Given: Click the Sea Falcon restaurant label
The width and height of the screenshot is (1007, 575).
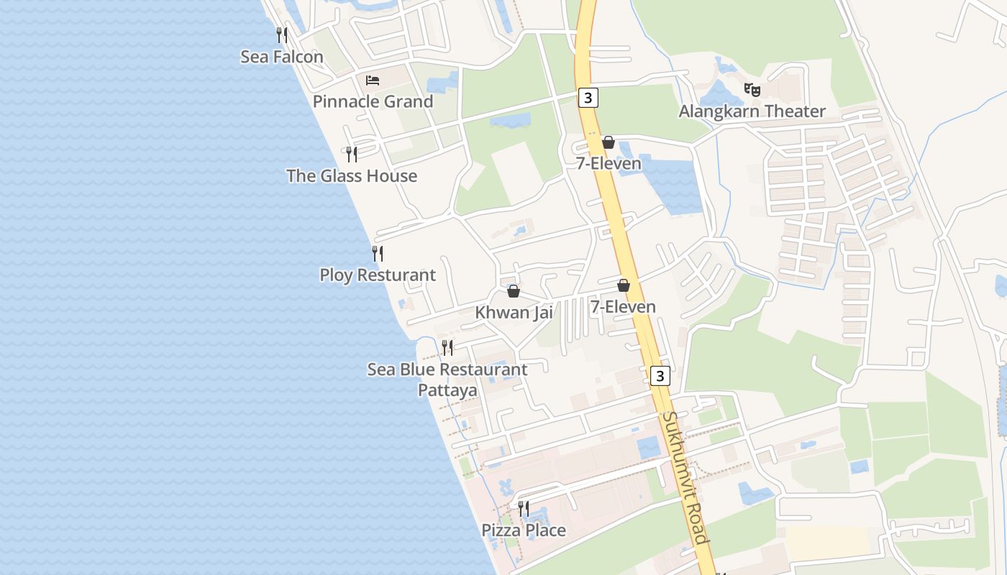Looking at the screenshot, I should pyautogui.click(x=282, y=57).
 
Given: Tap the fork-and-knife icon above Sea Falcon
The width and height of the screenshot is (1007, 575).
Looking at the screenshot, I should pyautogui.click(x=282, y=34).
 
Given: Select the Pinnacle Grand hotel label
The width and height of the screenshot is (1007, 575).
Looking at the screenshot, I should pyautogui.click(x=373, y=101).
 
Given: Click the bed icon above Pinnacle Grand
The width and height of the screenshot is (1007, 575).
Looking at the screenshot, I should pyautogui.click(x=373, y=80).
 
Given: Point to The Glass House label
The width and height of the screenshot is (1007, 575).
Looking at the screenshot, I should pyautogui.click(x=352, y=176).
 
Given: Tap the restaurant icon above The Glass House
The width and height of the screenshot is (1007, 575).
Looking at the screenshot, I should pyautogui.click(x=352, y=154).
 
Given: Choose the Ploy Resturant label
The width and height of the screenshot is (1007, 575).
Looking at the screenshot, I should pyautogui.click(x=378, y=275).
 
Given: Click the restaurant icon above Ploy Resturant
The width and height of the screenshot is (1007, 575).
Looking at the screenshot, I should pyautogui.click(x=378, y=253).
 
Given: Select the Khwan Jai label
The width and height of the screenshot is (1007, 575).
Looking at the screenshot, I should pyautogui.click(x=514, y=313).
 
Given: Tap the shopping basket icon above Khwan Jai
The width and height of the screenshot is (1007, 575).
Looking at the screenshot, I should pyautogui.click(x=514, y=291).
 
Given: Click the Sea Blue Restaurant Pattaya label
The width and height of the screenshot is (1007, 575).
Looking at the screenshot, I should pyautogui.click(x=447, y=379).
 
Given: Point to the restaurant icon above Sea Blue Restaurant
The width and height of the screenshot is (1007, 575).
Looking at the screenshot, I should pyautogui.click(x=447, y=348).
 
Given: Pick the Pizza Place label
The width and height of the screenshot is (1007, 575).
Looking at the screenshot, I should pyautogui.click(x=524, y=530).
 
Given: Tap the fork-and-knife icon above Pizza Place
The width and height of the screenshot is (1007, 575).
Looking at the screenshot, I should pyautogui.click(x=524, y=509).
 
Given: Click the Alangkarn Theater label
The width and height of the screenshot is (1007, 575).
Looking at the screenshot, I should pyautogui.click(x=752, y=111).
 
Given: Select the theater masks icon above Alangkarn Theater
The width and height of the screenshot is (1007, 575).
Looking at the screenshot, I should pyautogui.click(x=752, y=90).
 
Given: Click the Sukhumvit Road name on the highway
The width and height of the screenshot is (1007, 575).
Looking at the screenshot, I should pyautogui.click(x=685, y=477).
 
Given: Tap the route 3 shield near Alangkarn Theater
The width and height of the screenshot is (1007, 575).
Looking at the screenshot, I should pyautogui.click(x=588, y=98).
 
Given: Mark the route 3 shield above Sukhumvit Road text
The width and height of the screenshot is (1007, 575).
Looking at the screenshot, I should pyautogui.click(x=660, y=375).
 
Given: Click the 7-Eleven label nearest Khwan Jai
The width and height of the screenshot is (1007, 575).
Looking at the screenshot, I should pyautogui.click(x=623, y=307).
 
